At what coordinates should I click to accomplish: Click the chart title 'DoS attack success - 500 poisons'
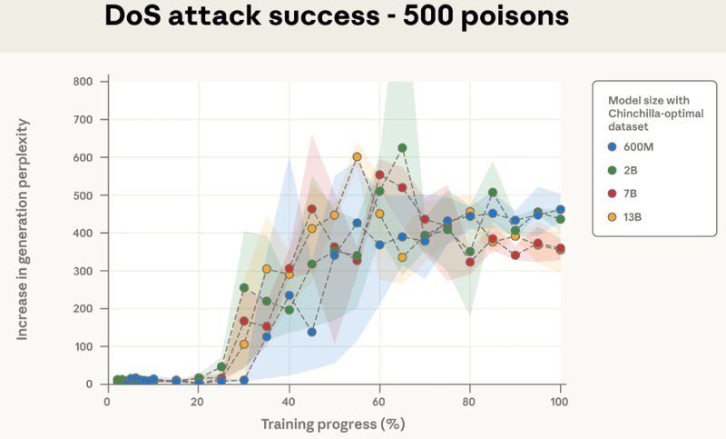coord(363,16)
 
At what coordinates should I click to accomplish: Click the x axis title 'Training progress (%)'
coord(333,424)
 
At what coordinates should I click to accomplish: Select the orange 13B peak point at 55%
coord(357,156)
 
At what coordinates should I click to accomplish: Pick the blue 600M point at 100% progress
coord(561,210)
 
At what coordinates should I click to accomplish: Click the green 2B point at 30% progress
coord(244,288)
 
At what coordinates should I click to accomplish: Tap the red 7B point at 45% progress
coord(311,209)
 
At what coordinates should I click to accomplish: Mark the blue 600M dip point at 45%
coord(311,332)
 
